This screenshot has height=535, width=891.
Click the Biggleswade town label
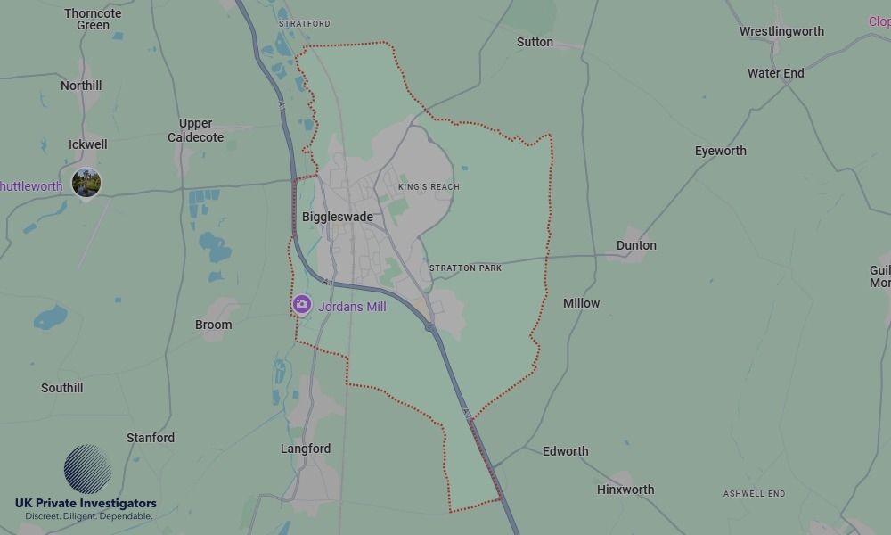point(337,217)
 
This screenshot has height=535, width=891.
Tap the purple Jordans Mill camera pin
point(302,305)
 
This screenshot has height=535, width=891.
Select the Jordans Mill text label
point(352,306)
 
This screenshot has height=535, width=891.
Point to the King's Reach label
point(429,187)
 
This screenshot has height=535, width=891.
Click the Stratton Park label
point(465,267)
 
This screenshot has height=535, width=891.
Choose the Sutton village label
point(535,42)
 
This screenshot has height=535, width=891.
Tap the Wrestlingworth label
point(781,31)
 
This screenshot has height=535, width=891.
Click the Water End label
point(775,73)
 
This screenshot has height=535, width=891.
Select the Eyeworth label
point(720,151)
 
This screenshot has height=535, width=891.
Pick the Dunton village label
point(636,245)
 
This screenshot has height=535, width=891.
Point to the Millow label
point(581,303)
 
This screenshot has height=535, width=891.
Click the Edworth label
point(565,451)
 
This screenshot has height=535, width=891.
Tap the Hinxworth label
point(625,490)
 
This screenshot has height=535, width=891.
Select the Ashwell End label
point(754,494)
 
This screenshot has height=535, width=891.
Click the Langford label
point(306,449)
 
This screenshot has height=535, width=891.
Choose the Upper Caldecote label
point(195,130)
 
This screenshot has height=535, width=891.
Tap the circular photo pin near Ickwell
point(86,183)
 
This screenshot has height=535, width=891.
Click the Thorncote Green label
point(93,19)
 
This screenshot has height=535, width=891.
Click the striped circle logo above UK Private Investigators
point(87,469)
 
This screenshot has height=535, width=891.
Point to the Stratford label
point(304,23)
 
